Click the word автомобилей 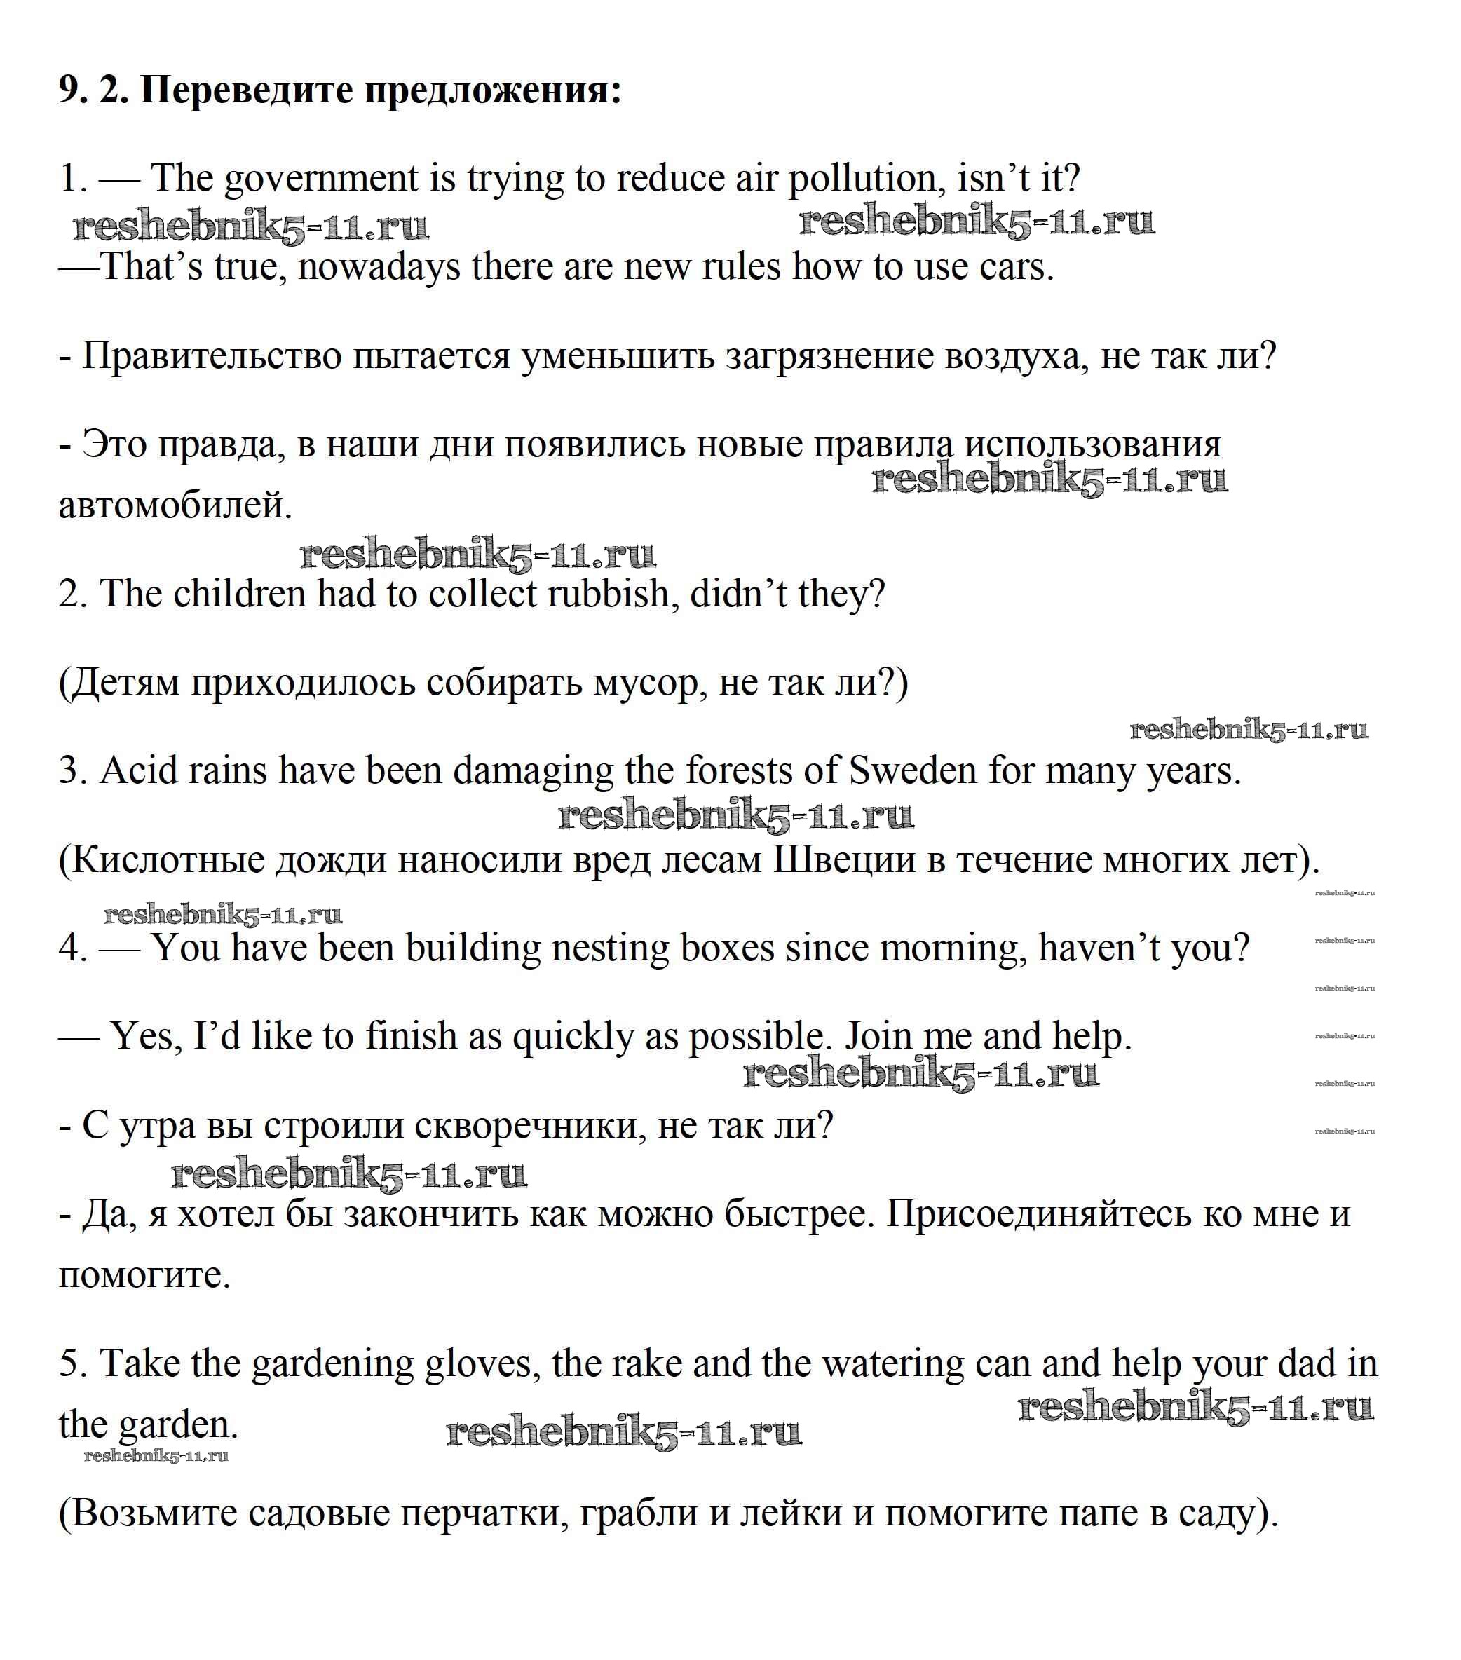175,505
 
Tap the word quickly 573,1037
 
